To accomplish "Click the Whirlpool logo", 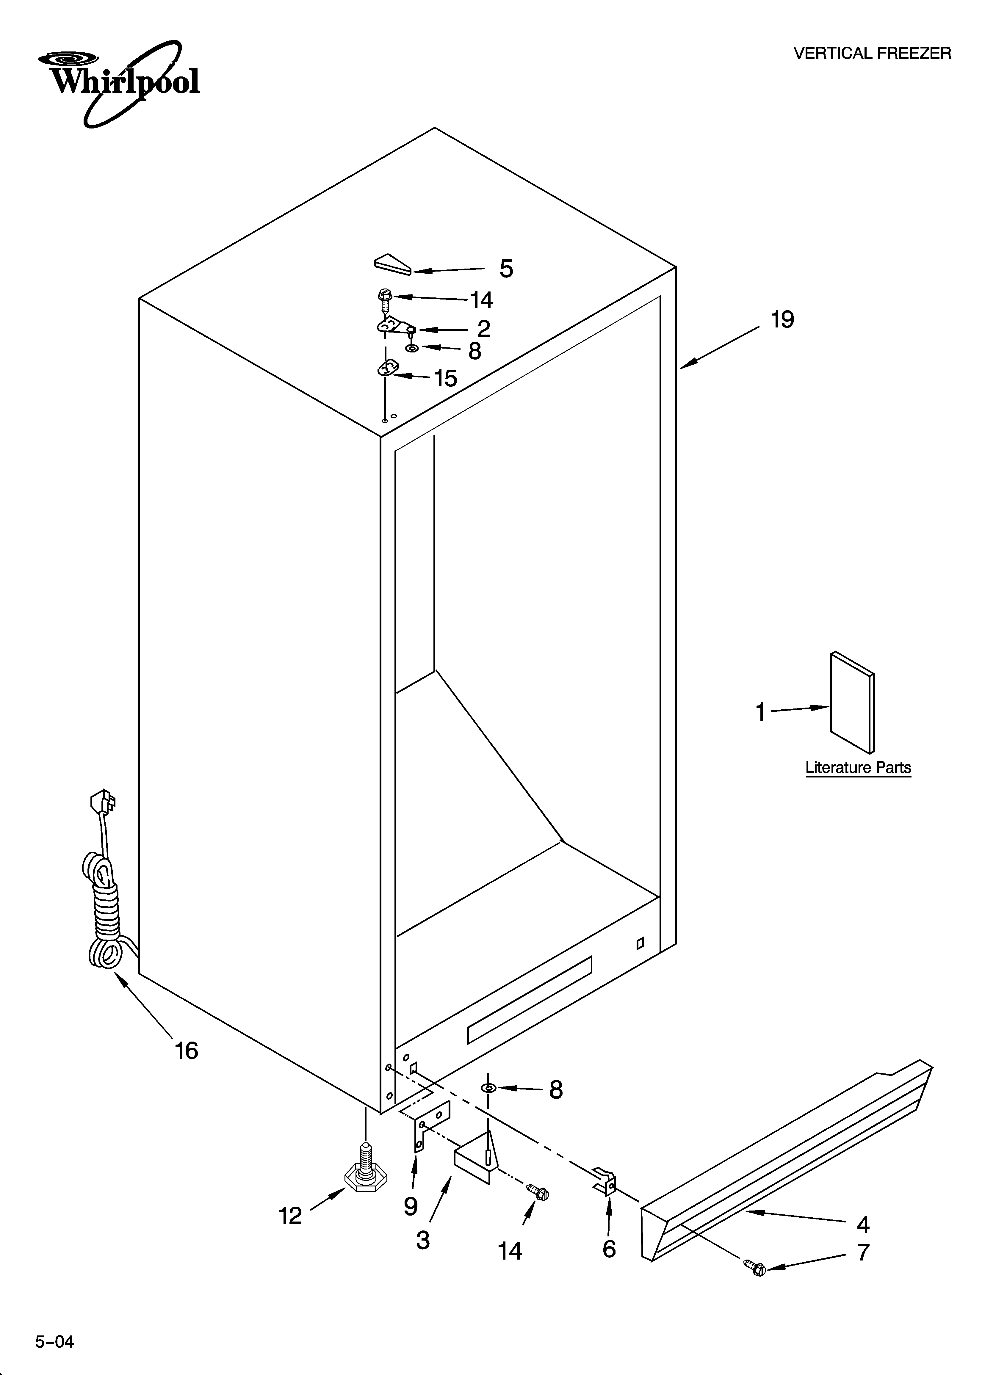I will point(118,82).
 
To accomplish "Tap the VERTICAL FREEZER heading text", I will point(872,54).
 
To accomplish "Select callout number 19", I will point(782,319).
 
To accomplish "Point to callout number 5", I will point(506,269).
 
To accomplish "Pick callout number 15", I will point(446,378).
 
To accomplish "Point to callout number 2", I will point(483,329).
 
